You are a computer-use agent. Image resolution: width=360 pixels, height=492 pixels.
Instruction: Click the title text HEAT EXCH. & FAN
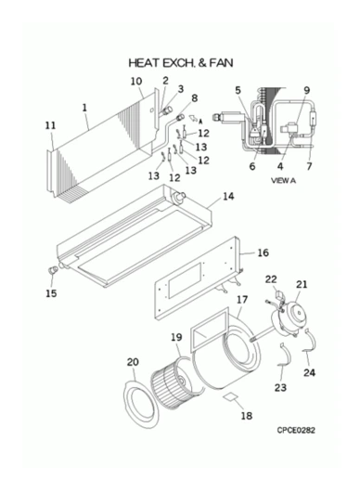click(181, 63)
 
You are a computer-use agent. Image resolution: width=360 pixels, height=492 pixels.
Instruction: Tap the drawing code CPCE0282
click(296, 430)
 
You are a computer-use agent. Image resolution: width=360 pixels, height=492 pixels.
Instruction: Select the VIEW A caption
click(283, 180)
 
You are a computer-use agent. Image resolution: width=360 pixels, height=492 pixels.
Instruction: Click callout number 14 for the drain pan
click(228, 197)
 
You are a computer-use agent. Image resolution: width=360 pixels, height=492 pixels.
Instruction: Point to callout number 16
click(264, 252)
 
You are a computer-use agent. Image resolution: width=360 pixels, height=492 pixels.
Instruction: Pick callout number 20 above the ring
click(133, 362)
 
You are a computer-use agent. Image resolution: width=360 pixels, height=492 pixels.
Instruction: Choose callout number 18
click(247, 416)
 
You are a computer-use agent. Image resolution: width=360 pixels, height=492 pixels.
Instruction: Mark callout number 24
click(309, 373)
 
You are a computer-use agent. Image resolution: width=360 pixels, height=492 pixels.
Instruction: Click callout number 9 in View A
click(307, 91)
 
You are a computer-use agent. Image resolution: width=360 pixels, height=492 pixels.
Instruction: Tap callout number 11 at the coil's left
click(50, 125)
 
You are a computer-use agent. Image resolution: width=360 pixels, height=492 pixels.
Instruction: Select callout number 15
click(51, 293)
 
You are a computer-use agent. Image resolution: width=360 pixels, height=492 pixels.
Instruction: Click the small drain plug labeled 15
click(53, 270)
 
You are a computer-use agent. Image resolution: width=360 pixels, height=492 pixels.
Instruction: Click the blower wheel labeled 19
click(170, 386)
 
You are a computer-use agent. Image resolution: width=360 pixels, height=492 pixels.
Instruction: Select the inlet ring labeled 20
click(140, 404)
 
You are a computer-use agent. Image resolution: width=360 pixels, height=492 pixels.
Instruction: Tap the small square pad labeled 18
click(230, 396)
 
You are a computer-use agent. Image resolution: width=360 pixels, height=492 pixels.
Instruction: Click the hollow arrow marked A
click(193, 118)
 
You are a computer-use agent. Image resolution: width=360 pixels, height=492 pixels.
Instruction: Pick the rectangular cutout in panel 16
click(185, 281)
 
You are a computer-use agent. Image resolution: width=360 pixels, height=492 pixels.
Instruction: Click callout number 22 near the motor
click(271, 278)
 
